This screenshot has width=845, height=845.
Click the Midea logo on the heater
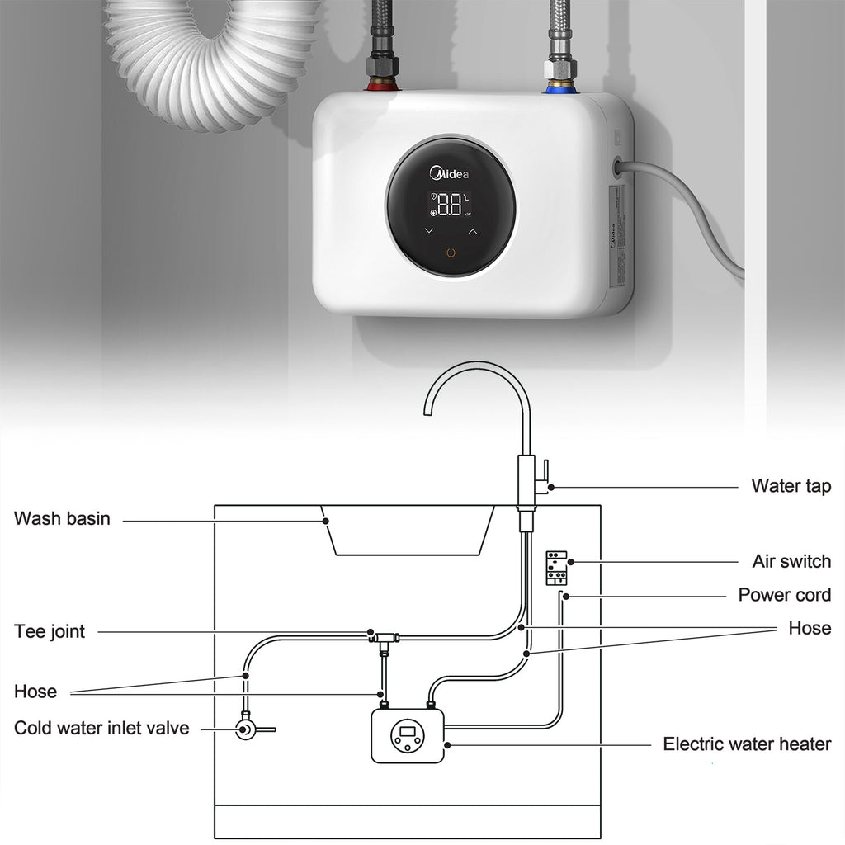coord(450,173)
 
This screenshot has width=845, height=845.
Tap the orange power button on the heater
coord(451,252)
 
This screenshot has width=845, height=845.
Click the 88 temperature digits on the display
coord(450,205)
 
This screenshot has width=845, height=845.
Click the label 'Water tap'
coord(791,486)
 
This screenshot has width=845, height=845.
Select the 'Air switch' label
coord(791,562)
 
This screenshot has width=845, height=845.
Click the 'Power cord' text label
coord(784,595)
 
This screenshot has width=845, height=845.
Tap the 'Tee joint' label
coord(50,632)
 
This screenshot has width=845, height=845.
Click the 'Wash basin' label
coord(62,519)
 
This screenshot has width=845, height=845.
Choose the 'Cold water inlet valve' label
coord(101,728)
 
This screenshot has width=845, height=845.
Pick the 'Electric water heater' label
coord(747,744)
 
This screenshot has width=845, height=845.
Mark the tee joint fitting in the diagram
coord(383,637)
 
